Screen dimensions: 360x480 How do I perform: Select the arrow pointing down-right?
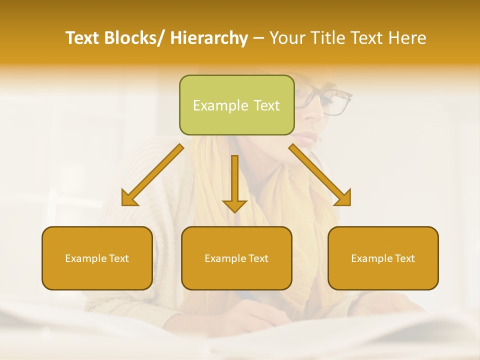(x=320, y=175)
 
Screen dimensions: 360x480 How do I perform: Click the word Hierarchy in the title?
(x=209, y=38)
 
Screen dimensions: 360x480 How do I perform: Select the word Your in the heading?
(x=286, y=38)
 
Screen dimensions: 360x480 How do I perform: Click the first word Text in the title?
(x=82, y=38)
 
